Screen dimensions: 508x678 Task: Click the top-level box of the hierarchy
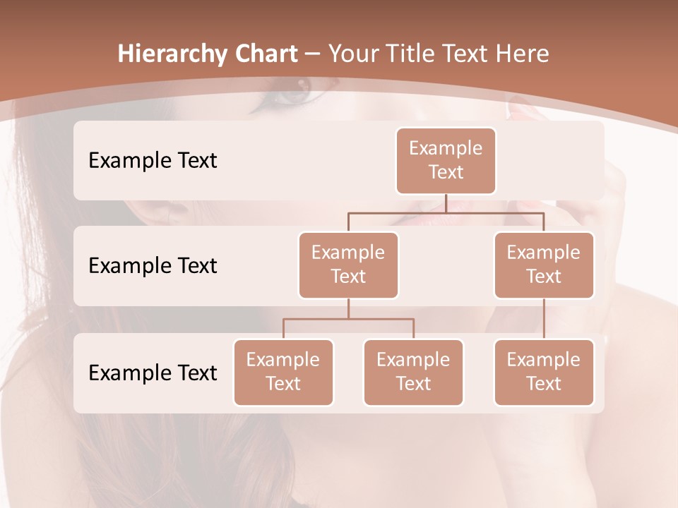pos(446,160)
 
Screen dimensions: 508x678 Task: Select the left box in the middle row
pos(348,265)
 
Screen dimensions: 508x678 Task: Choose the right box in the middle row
pos(544,265)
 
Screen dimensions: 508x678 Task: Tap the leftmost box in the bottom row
pos(283,372)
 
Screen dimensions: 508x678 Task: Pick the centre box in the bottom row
pos(413,372)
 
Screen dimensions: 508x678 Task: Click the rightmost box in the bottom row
pos(544,372)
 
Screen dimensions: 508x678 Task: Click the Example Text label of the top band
pos(153,160)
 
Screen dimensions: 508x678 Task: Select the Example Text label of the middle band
pos(153,265)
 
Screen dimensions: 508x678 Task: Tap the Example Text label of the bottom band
pos(153,373)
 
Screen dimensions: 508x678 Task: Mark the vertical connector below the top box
pos(446,203)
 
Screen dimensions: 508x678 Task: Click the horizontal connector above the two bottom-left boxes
pos(348,319)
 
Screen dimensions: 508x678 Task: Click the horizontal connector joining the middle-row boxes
pos(446,212)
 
